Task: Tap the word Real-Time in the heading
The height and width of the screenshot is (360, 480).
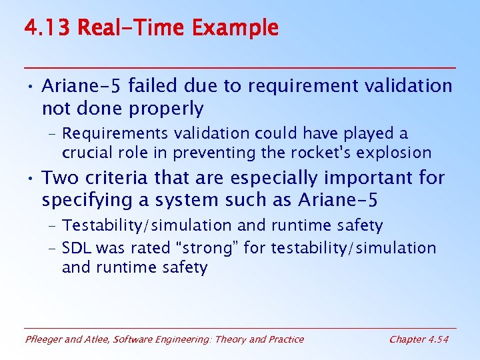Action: (133, 28)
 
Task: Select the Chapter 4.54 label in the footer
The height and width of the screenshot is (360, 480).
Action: (419, 339)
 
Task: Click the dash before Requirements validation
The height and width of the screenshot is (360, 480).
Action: (52, 134)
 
